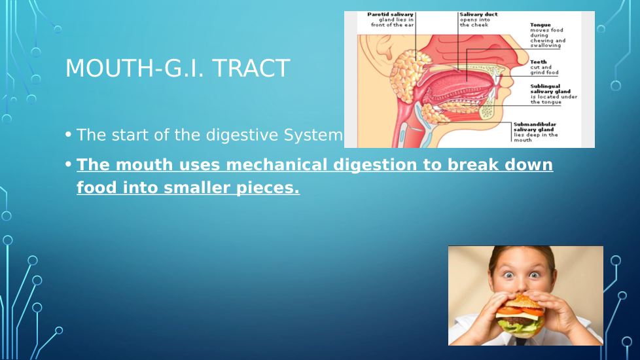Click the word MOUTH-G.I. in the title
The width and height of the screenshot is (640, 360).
tap(135, 68)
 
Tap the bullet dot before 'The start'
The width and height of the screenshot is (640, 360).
tap(68, 134)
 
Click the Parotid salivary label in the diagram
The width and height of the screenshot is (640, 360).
tap(390, 14)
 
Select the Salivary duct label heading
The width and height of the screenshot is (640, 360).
tap(479, 14)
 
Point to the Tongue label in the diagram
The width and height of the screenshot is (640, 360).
tap(541, 25)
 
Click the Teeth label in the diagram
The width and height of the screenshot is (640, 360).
tap(539, 62)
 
